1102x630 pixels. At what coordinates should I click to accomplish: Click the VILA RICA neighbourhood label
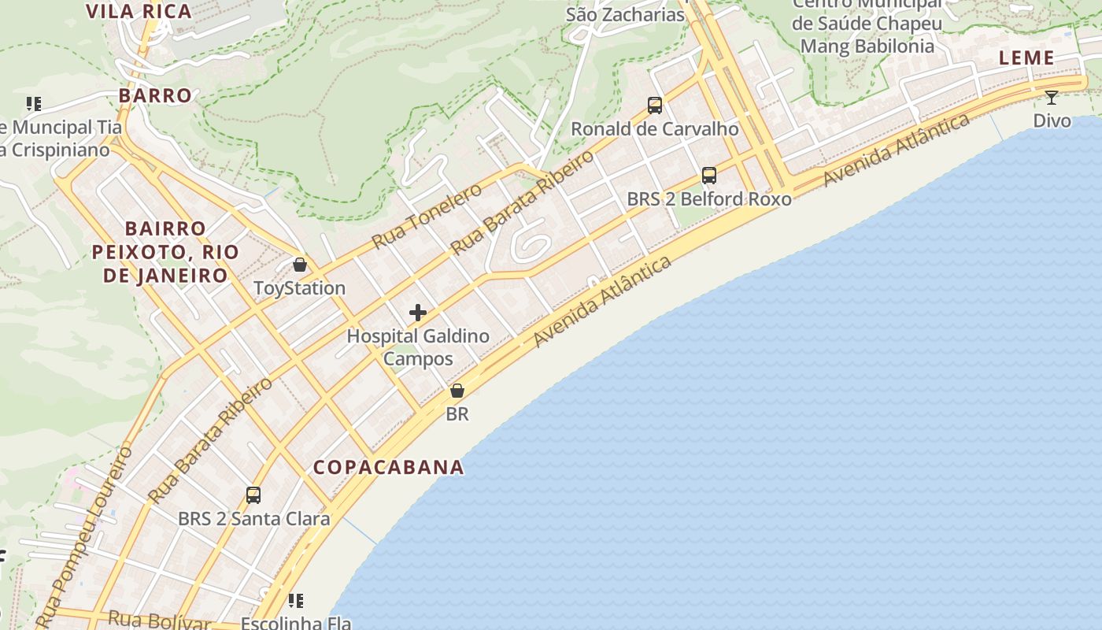coord(139,11)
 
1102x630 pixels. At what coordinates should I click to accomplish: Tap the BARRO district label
coord(155,95)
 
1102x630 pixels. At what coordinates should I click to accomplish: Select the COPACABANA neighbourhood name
coord(389,467)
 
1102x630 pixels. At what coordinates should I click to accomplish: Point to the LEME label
coord(1026,57)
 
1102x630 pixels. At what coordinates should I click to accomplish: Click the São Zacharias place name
coord(626,14)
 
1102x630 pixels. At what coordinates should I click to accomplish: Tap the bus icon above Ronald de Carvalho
coord(655,105)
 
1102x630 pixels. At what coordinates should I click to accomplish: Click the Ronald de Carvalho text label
coord(655,128)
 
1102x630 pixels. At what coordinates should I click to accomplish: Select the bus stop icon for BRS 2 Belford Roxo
coord(709,176)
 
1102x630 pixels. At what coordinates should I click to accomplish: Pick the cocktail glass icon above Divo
coord(1052,98)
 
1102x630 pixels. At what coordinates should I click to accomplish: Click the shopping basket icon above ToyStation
coord(299,265)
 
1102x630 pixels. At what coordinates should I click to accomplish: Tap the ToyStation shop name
coord(299,288)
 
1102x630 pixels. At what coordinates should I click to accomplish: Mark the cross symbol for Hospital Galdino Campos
coord(418,313)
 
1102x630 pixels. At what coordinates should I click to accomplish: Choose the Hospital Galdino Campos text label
coord(418,347)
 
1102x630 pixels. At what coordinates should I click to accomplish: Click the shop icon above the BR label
coord(457,391)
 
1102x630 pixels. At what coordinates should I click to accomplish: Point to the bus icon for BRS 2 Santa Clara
coord(253,495)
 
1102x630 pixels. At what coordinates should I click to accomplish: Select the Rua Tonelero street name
coord(426,216)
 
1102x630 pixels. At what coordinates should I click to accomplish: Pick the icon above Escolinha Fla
coord(296,602)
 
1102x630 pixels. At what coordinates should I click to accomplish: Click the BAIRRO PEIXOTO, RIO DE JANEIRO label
coord(165,252)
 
